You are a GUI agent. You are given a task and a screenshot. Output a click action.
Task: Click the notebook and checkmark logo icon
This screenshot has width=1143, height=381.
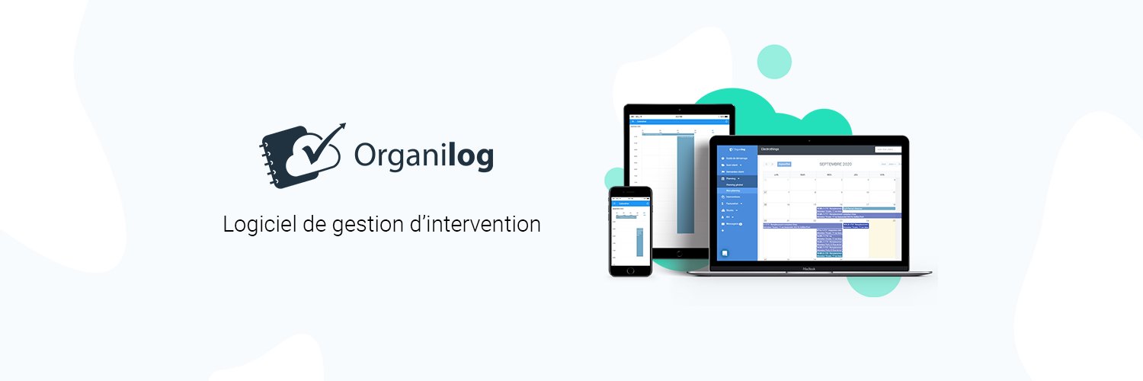[301, 155]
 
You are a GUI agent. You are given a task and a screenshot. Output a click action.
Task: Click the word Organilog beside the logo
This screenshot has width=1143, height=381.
[424, 155]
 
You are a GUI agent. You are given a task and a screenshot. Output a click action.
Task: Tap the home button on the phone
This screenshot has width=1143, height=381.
[630, 270]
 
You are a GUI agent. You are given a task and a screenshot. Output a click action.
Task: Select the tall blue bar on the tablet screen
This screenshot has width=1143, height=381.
[686, 183]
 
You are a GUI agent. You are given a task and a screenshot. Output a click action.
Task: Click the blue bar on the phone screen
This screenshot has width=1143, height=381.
[640, 239]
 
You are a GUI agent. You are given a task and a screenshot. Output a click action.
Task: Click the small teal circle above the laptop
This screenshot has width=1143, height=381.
[774, 62]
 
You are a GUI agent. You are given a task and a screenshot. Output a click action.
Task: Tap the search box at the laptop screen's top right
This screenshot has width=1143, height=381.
[888, 149]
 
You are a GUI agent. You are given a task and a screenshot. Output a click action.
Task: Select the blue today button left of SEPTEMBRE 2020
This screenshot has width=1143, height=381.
[783, 164]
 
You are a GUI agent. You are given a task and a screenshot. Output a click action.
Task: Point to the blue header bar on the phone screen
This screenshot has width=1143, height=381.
[630, 203]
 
